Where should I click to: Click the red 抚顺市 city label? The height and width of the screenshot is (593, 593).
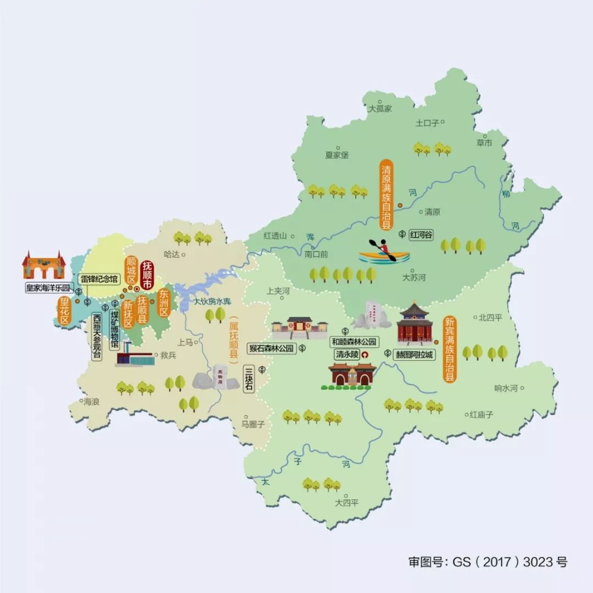tap(147, 276)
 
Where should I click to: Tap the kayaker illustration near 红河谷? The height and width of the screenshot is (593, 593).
tap(384, 252)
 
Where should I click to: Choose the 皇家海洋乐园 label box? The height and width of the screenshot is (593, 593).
tap(49, 287)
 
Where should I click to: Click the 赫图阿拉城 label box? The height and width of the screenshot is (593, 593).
tap(415, 354)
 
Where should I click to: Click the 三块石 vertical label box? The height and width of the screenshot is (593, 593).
tap(249, 379)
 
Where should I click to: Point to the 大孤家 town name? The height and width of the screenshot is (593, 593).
tap(380, 109)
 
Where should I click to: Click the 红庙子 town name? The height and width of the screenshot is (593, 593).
tap(481, 415)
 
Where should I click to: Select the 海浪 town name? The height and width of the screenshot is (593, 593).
tap(91, 402)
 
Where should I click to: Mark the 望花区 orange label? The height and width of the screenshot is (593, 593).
tap(65, 311)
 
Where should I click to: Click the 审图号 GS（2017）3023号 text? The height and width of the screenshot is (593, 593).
tap(488, 562)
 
